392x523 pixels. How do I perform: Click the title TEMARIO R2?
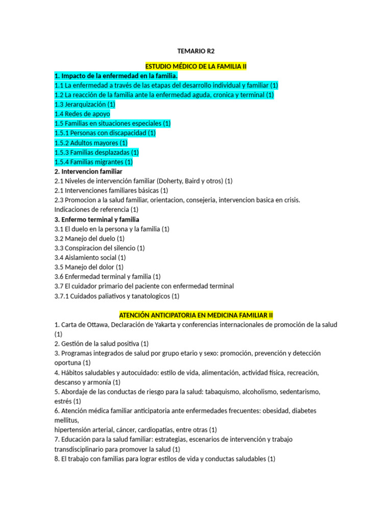tap(196, 51)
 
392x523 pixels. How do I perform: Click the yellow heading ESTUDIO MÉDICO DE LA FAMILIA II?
tap(196, 66)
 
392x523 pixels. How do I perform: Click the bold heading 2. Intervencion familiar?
tap(88, 172)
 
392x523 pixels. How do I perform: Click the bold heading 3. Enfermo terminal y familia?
tap(96, 219)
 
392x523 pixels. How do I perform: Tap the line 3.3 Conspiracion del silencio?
tap(100, 248)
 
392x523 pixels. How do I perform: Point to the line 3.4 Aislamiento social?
tap(90, 257)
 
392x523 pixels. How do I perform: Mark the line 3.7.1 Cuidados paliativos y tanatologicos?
tap(117, 296)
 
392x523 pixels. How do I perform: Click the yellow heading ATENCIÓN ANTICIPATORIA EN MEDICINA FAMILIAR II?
tap(196, 315)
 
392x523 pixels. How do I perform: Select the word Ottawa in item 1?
tap(99, 325)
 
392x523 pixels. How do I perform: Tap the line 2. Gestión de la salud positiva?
tap(101, 343)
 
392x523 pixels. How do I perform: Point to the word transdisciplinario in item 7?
tap(81, 449)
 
